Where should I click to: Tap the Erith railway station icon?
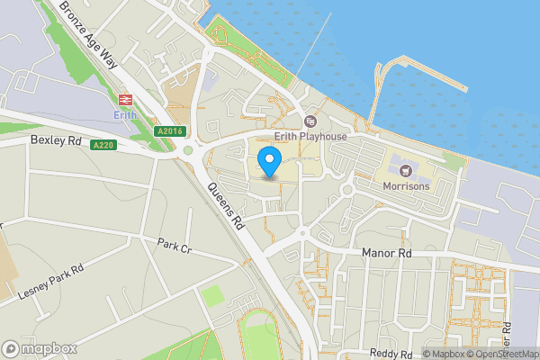click(x=123, y=99)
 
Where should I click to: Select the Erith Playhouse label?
click(x=310, y=136)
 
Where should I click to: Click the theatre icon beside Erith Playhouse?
click(x=311, y=121)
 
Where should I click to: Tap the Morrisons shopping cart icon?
click(x=402, y=169)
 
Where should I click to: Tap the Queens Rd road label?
click(x=226, y=205)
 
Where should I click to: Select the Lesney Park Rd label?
click(x=50, y=282)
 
